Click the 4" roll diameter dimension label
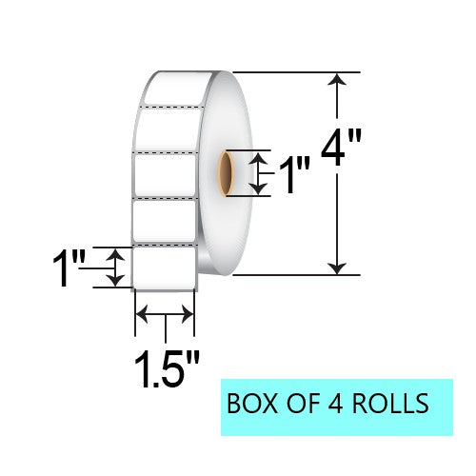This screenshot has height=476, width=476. tap(341, 148)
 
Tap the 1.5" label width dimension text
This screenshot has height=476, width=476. tap(168, 368)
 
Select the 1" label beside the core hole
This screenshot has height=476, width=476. tap(294, 174)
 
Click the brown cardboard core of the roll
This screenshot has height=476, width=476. tap(227, 173)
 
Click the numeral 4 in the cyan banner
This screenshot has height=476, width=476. tap(335, 404)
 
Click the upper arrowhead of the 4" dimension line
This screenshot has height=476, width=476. tap(337, 79)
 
